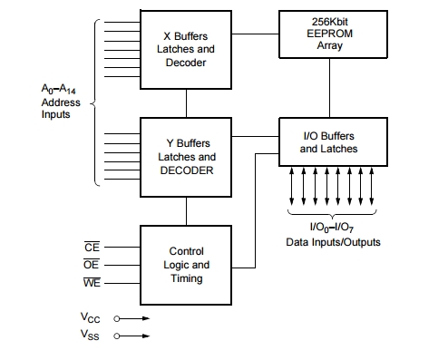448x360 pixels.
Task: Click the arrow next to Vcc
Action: pos(130,318)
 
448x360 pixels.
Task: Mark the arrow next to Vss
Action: pos(130,336)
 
